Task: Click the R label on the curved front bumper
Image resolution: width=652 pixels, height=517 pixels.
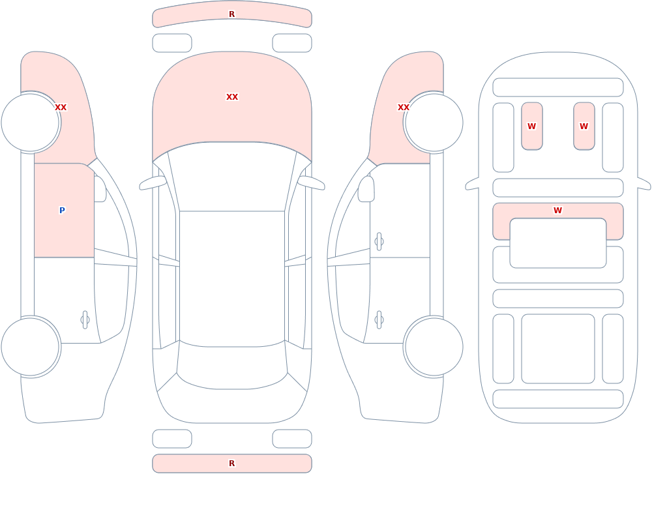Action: (x=231, y=14)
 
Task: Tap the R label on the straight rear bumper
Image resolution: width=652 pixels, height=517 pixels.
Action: (x=231, y=464)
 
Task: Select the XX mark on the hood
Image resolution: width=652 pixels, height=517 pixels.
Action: (x=232, y=97)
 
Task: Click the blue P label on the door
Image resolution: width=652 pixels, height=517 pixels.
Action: (x=62, y=210)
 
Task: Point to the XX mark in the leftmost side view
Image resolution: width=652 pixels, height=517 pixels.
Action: (x=61, y=108)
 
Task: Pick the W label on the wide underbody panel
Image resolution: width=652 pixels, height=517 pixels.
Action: (x=557, y=211)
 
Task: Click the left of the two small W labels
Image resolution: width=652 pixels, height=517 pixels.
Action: (x=531, y=126)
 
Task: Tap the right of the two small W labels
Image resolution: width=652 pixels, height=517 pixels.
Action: (x=584, y=126)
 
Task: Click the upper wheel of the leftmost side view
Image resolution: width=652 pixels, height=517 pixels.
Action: (x=31, y=123)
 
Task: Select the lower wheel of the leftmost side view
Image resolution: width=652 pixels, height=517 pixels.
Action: (x=31, y=347)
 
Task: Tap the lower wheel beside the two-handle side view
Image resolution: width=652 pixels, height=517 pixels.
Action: (x=434, y=347)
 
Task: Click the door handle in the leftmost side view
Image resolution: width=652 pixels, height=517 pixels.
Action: (x=85, y=320)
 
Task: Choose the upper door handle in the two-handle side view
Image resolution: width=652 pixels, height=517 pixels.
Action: (x=379, y=242)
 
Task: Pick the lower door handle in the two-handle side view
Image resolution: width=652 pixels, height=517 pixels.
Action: (x=379, y=320)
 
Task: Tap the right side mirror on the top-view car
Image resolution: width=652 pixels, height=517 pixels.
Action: (x=311, y=183)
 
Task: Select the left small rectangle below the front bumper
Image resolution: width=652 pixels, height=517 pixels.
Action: (x=172, y=43)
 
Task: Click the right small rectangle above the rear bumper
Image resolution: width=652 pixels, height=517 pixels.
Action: (x=292, y=439)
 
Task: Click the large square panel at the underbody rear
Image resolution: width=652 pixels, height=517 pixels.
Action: (x=558, y=349)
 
